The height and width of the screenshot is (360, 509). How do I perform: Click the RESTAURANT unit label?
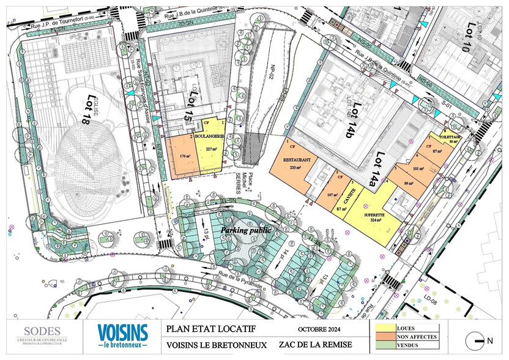[x=297, y=160]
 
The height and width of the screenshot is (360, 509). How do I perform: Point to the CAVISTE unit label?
[x=354, y=197]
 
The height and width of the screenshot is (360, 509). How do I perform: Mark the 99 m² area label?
[x=409, y=183]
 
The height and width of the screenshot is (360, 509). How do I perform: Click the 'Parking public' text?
[x=245, y=230]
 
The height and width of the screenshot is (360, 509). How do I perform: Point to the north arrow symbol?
[x=475, y=340]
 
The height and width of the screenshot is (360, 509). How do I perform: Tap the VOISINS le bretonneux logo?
[x=122, y=336]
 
